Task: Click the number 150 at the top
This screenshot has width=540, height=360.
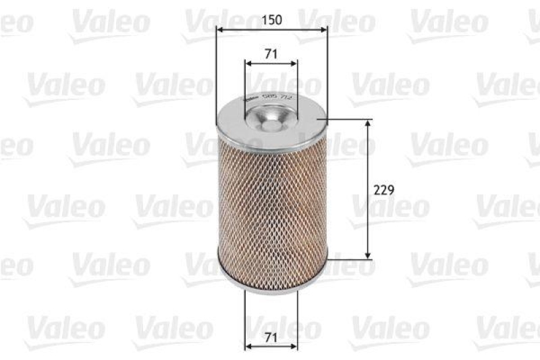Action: coord(271,20)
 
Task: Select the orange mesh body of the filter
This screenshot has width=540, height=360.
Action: coord(271,203)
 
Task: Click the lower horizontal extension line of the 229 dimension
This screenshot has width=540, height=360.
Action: coord(348,258)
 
